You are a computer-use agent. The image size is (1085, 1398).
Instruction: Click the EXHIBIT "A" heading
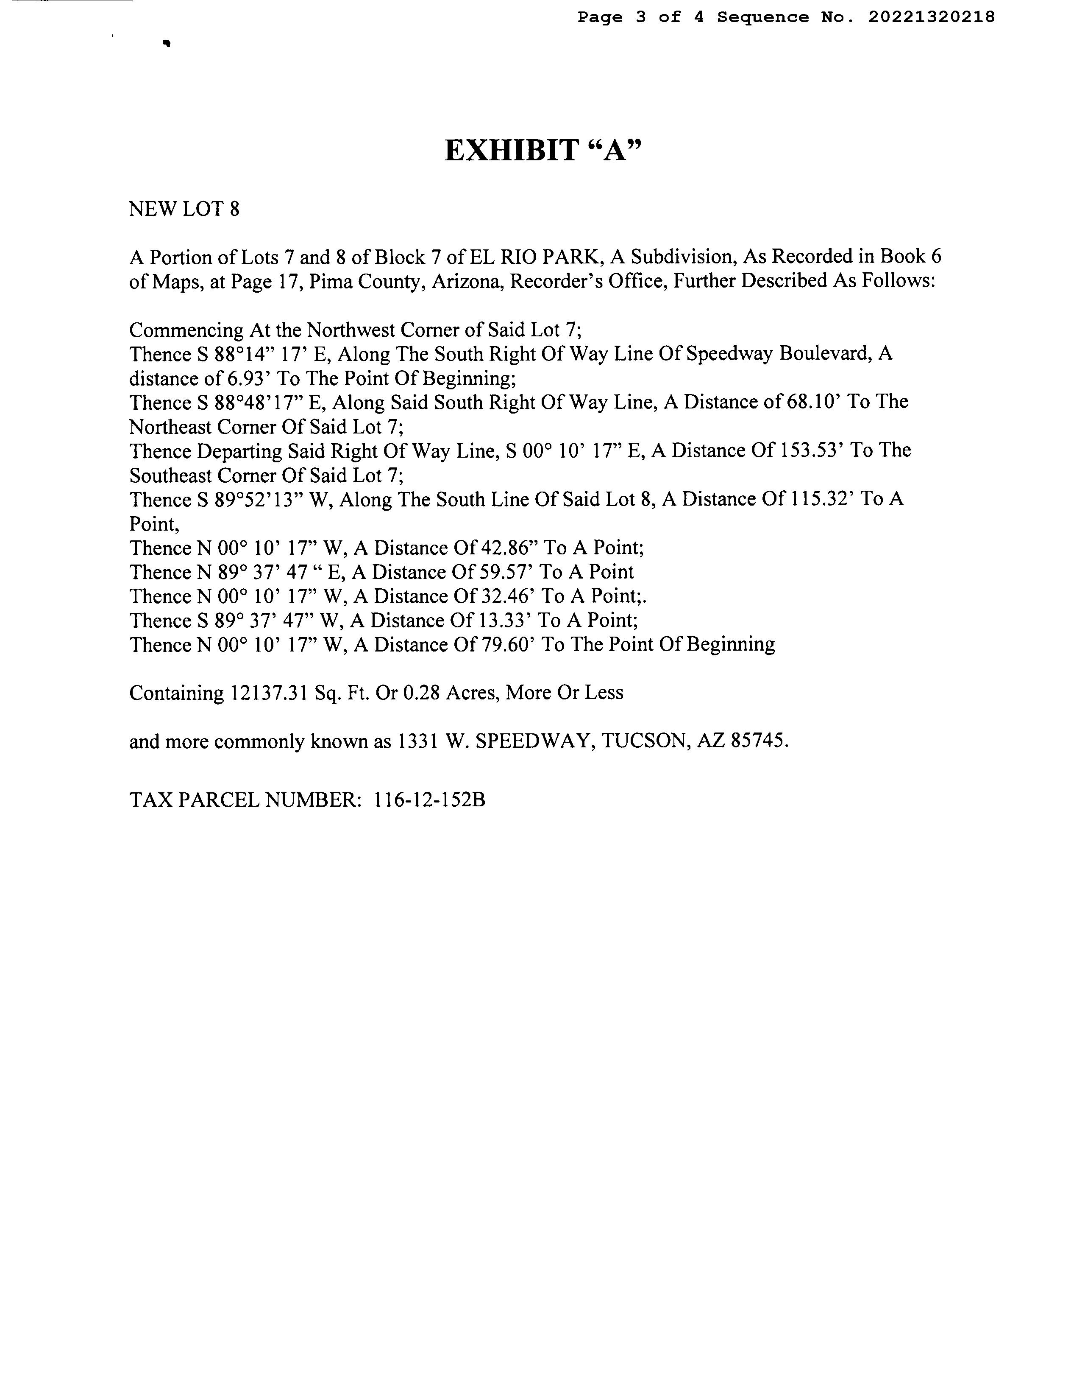pos(542,151)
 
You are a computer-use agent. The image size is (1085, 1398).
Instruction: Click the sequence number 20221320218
pos(931,17)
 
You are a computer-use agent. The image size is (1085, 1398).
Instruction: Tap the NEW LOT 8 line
pos(184,209)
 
